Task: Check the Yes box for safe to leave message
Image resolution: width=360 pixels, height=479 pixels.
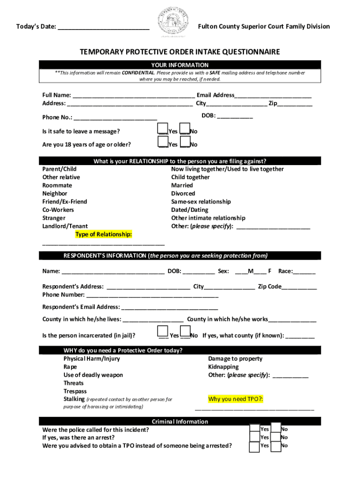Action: pos(163,128)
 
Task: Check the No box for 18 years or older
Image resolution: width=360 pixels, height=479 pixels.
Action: pos(185,141)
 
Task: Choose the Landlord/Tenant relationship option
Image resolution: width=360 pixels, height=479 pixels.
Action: pos(65,226)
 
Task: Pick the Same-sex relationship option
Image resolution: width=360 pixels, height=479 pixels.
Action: pos(201,202)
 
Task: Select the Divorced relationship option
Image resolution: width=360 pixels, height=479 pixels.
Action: pos(183,194)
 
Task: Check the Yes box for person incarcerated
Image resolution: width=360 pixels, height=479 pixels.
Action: pos(163,332)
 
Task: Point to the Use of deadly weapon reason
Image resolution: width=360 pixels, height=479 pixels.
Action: pos(93,375)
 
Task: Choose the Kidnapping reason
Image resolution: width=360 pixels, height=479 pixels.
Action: pos(223,367)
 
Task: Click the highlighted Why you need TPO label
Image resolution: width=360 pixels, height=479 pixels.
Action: pos(236,399)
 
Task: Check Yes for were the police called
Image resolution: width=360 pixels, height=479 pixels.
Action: pos(254,428)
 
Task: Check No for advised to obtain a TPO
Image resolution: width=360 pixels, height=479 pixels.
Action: pos(276,446)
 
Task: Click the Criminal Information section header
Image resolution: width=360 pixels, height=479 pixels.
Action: pos(180,421)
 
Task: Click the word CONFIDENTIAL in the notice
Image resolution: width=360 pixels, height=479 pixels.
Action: pos(138,73)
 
